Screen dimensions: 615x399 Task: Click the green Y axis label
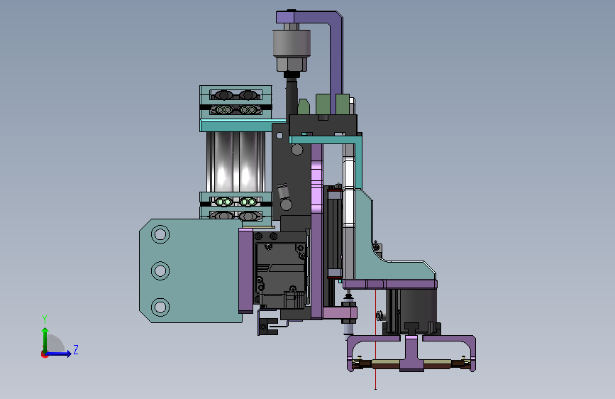click(45, 319)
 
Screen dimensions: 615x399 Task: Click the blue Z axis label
click(76, 349)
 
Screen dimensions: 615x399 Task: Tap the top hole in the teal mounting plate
click(160, 234)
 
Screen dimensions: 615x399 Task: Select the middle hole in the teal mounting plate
click(160, 270)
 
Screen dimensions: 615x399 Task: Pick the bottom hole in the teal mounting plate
click(160, 307)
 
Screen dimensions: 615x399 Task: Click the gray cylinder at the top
click(292, 43)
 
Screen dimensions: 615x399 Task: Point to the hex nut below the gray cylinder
click(291, 64)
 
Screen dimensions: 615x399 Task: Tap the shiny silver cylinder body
click(236, 162)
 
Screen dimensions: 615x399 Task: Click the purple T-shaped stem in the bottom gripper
click(411, 353)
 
